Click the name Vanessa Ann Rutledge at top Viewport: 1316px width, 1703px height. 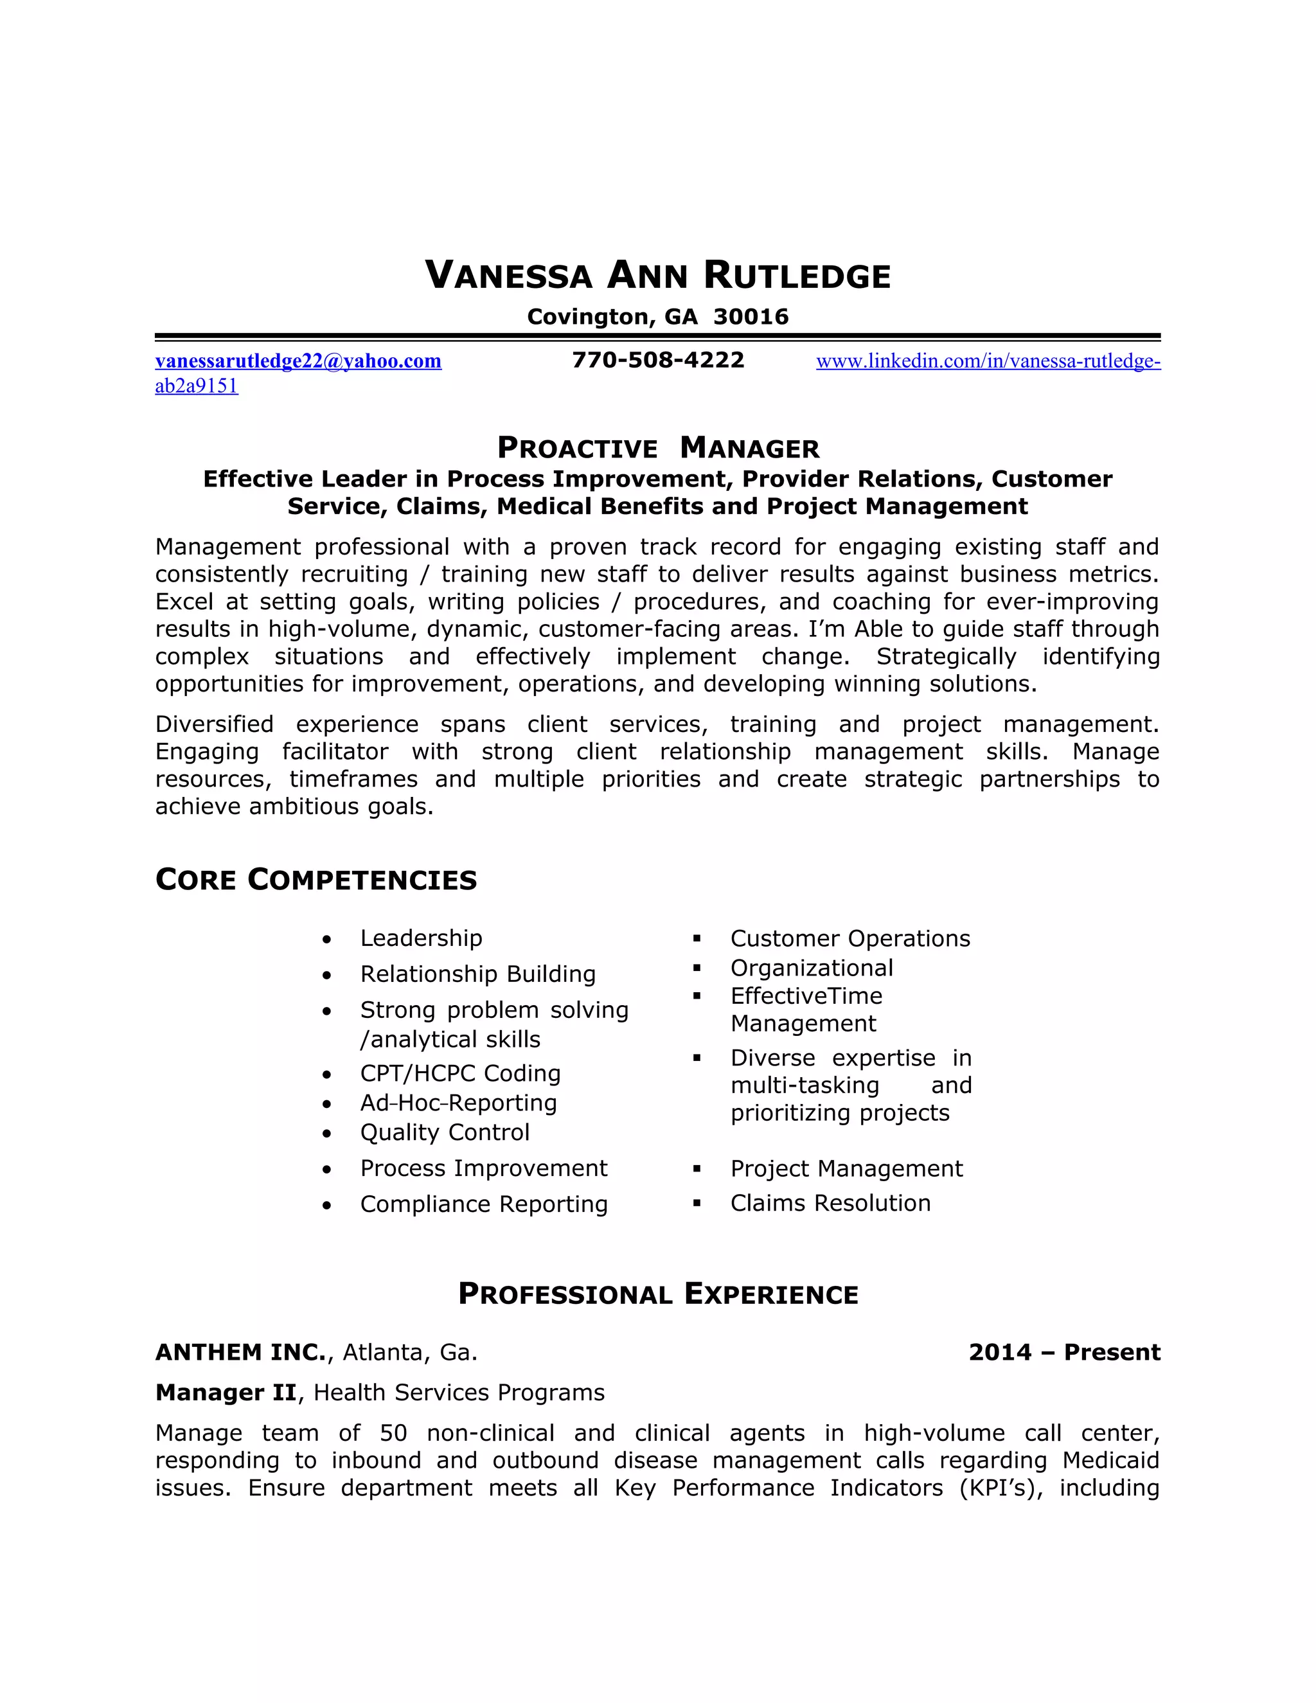[657, 276]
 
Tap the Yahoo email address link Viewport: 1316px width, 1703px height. [299, 361]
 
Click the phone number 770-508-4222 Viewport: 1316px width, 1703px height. [658, 361]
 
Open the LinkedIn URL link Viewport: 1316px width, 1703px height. [988, 361]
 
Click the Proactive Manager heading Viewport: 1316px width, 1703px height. [658, 449]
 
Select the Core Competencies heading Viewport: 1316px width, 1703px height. [316, 880]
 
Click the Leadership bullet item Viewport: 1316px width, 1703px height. [421, 938]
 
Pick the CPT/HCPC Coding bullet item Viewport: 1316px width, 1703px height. [460, 1074]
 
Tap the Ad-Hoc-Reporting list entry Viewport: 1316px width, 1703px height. [458, 1103]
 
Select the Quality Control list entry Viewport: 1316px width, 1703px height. [445, 1132]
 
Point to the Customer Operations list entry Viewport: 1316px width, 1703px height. [849, 939]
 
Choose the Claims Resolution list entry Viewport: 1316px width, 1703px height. [830, 1203]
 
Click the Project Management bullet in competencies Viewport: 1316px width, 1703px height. [847, 1169]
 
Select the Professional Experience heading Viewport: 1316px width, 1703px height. [658, 1294]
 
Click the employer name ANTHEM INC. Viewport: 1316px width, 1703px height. [240, 1352]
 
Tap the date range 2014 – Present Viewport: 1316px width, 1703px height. [1064, 1352]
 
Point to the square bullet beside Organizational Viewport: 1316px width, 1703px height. [697, 968]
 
